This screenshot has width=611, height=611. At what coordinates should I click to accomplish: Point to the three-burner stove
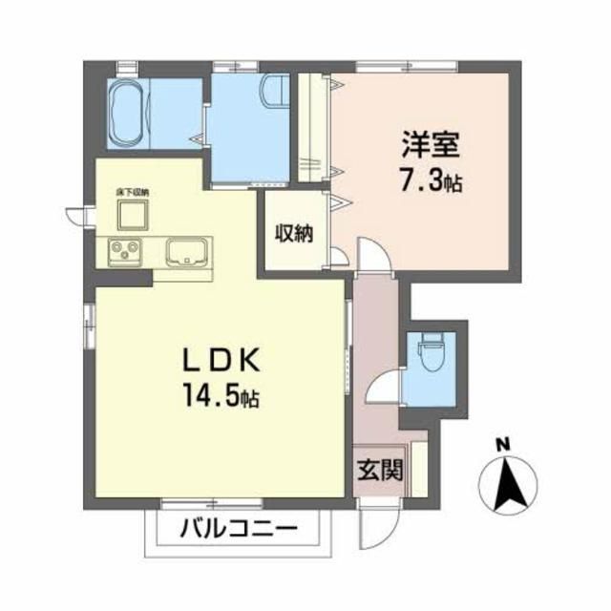(124, 252)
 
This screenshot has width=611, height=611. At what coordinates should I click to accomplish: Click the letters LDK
(227, 360)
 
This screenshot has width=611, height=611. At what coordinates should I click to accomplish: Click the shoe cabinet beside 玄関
(419, 468)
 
